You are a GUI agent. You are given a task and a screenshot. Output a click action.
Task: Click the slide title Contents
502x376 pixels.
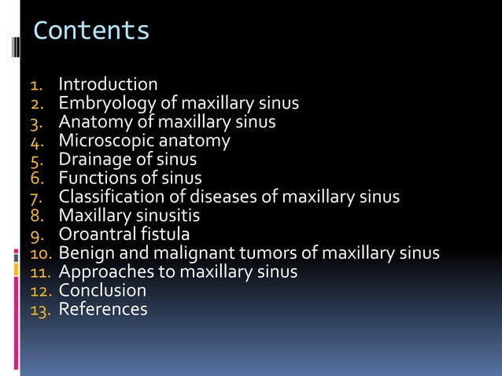point(91,31)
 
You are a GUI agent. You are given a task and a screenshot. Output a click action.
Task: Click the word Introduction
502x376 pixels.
point(108,84)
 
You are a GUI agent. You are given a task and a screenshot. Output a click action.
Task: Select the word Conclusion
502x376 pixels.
point(102,290)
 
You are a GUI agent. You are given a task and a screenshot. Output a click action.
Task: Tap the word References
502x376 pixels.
point(103,309)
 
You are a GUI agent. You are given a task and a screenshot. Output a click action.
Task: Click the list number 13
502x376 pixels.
point(40,310)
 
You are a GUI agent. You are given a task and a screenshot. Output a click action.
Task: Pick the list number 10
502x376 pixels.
point(40,254)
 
